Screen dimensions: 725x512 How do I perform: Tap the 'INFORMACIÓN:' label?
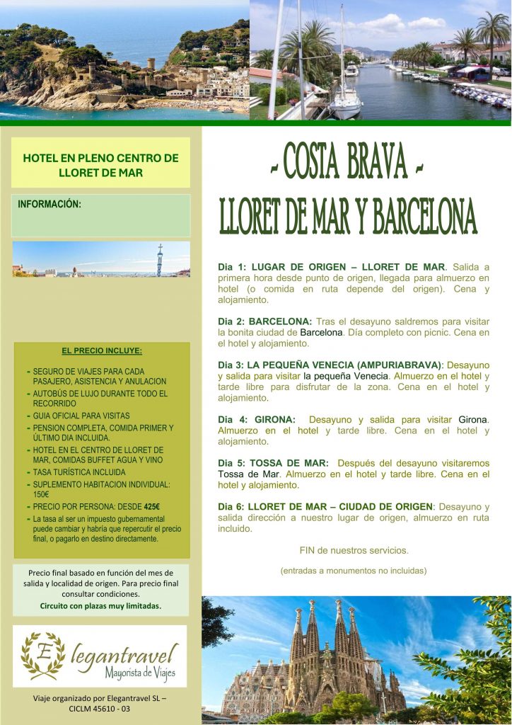click(50, 205)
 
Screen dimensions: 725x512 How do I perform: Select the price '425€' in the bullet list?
click(152, 506)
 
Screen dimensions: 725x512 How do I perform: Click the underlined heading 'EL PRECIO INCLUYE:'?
click(101, 350)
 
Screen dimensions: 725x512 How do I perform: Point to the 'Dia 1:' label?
click(232, 267)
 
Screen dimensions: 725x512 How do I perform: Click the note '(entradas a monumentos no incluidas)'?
click(354, 571)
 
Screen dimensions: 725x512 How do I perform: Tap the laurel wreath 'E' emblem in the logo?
click(42, 656)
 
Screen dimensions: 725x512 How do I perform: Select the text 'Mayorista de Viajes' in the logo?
click(140, 672)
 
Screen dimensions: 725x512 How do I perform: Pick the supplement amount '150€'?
click(41, 495)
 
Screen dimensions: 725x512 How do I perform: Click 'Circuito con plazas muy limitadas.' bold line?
click(100, 606)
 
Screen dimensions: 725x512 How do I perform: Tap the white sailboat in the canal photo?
click(346, 99)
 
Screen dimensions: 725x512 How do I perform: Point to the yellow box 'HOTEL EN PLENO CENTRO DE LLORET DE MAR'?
click(100, 164)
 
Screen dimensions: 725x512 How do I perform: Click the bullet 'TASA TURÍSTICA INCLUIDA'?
click(79, 472)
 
